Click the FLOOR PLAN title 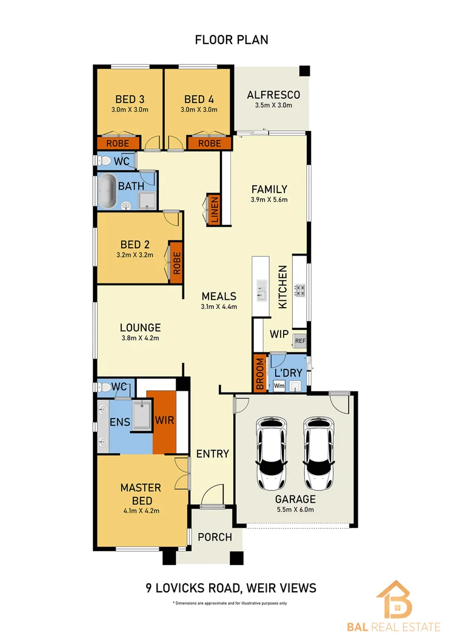tap(231, 40)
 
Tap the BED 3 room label tap(129, 99)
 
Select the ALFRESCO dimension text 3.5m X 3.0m tap(273, 105)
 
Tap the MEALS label tap(218, 296)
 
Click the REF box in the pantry tap(299, 341)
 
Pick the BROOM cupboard tap(259, 375)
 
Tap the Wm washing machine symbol tap(279, 385)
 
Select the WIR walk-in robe tap(164, 420)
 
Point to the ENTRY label tap(212, 454)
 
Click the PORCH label tap(215, 537)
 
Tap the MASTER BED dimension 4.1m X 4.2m tap(140, 511)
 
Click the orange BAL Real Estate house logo tap(393, 600)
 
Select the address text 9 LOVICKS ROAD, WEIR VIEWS tap(231, 587)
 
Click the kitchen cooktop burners tap(299, 291)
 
